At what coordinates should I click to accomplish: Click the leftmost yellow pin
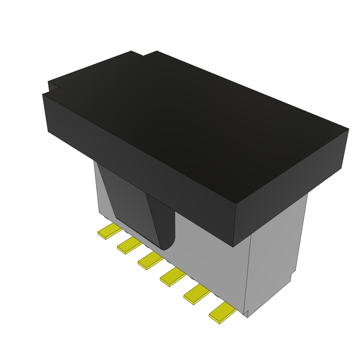(109, 231)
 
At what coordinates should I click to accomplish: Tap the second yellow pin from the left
(129, 245)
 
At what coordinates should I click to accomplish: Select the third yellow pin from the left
(150, 261)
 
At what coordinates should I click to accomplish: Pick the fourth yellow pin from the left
(172, 276)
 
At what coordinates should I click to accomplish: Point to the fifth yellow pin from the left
(196, 295)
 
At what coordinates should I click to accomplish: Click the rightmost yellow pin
(222, 313)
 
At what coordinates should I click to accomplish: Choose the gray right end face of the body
(274, 253)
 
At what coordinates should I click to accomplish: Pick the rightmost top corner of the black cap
(348, 129)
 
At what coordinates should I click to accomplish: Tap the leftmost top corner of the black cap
(43, 94)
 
